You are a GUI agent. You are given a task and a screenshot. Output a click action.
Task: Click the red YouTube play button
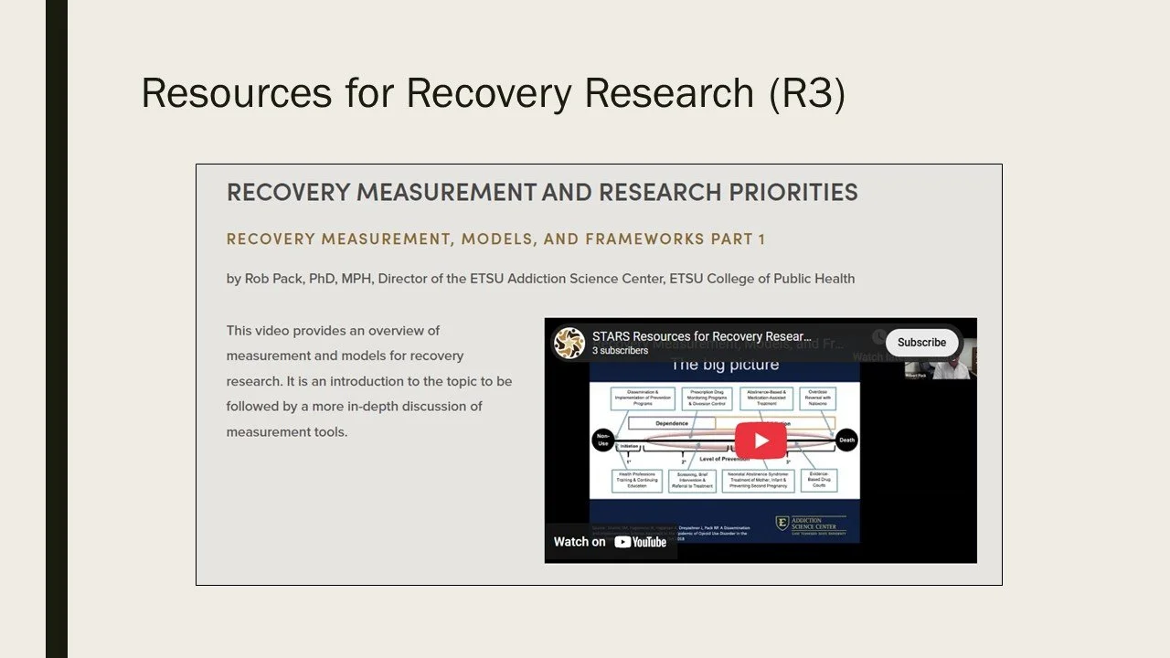coord(760,440)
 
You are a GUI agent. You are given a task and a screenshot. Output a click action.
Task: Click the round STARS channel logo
coord(569,343)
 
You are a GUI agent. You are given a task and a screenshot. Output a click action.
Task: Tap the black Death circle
coord(846,440)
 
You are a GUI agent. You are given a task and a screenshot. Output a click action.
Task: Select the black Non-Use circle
coord(602,440)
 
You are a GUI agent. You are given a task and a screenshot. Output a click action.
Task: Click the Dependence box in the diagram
coord(672,423)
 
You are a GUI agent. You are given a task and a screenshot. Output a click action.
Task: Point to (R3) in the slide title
coord(807,93)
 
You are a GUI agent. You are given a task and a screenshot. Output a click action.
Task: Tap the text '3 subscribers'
coord(620,351)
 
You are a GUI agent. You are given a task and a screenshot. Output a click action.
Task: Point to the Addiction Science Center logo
coord(810,525)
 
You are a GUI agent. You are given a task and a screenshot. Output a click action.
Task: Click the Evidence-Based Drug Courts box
coord(818,480)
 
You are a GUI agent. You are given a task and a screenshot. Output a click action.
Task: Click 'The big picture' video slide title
coord(725,366)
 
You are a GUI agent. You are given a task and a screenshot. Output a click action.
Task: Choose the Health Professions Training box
coord(637,481)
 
